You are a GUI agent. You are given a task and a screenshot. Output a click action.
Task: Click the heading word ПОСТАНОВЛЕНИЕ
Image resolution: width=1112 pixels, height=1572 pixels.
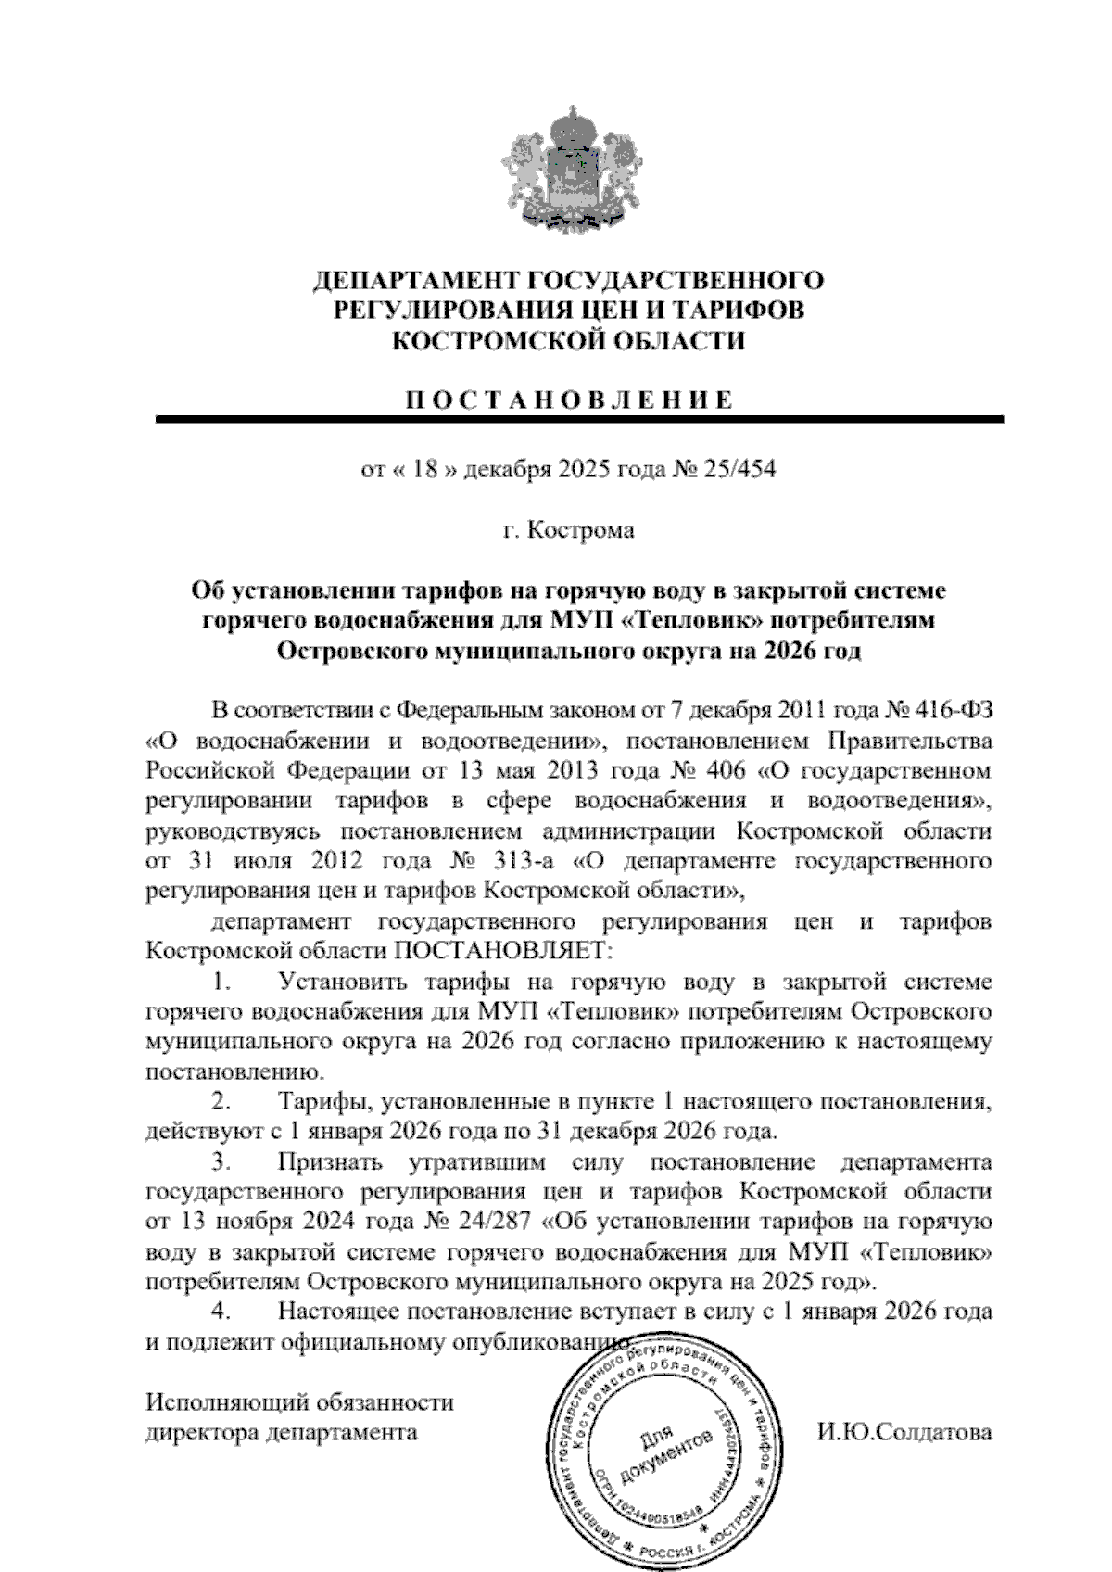point(568,400)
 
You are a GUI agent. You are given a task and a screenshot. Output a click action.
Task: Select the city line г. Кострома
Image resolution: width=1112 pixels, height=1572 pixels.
point(568,530)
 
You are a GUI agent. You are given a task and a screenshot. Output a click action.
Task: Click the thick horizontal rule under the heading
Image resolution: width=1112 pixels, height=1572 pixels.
point(579,420)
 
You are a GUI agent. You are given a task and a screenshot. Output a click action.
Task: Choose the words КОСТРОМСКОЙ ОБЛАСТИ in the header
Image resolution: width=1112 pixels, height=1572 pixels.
point(568,342)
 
